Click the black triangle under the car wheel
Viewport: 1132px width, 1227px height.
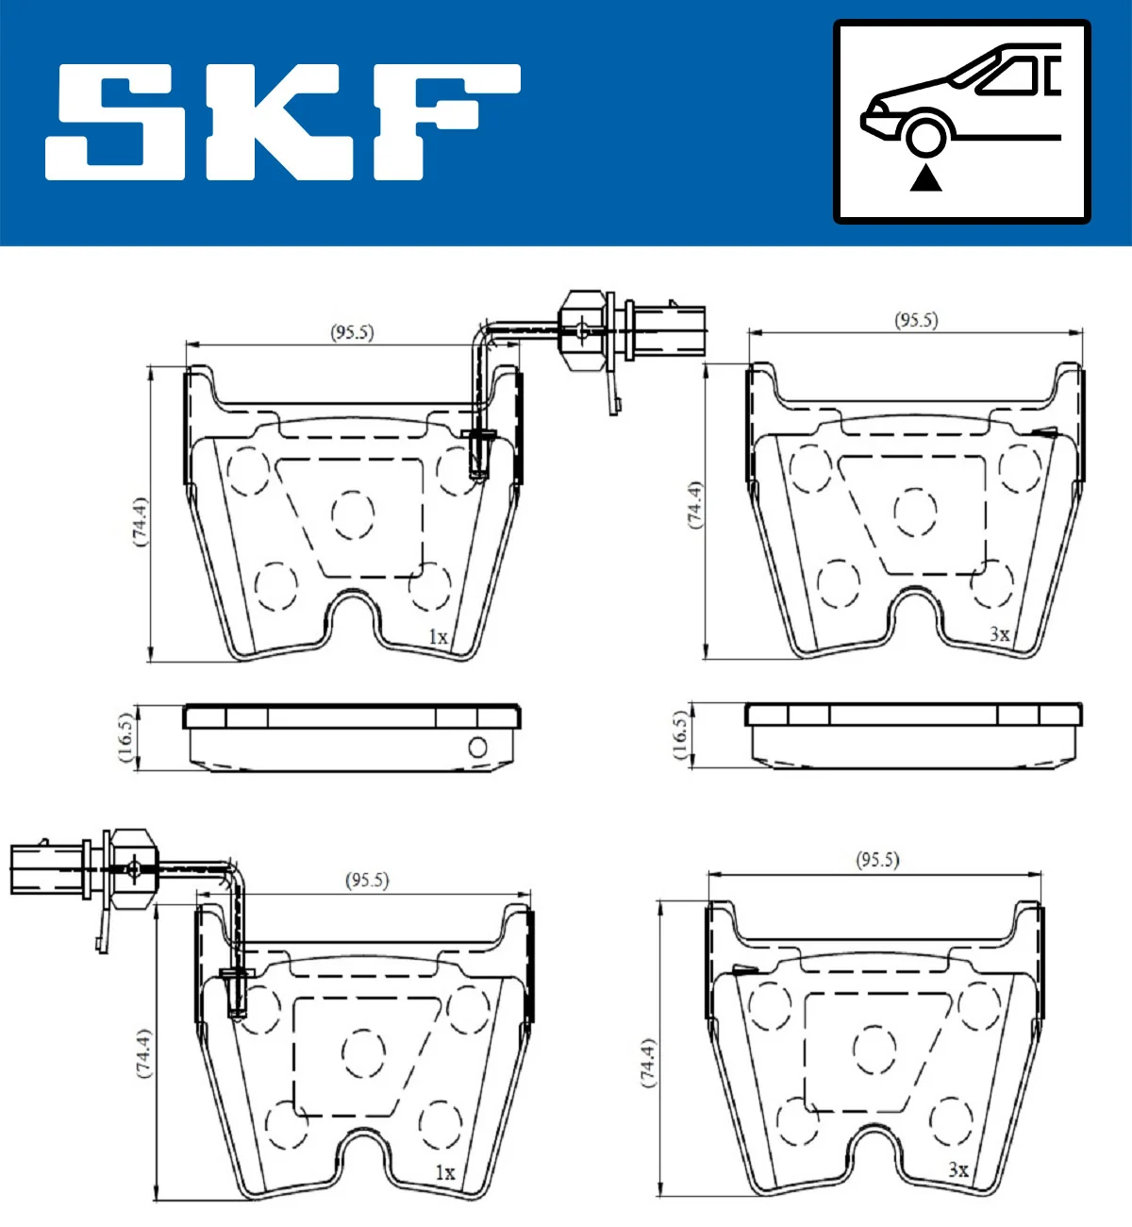(x=925, y=177)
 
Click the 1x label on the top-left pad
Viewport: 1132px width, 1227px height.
(x=438, y=637)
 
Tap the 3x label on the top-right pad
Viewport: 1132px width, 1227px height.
(x=999, y=635)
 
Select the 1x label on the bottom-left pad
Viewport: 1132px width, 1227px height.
(x=444, y=1172)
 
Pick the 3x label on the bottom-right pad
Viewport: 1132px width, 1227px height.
(x=957, y=1169)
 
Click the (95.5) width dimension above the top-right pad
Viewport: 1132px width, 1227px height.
(x=916, y=320)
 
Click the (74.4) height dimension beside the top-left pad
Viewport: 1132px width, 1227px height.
(x=140, y=521)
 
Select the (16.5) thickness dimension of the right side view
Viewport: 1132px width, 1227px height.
(x=680, y=735)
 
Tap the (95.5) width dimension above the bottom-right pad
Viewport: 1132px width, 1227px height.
(x=877, y=860)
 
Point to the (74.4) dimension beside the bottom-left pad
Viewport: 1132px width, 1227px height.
(x=142, y=1053)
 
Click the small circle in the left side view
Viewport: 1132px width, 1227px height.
(x=477, y=748)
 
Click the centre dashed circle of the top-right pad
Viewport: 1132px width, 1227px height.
(x=914, y=512)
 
